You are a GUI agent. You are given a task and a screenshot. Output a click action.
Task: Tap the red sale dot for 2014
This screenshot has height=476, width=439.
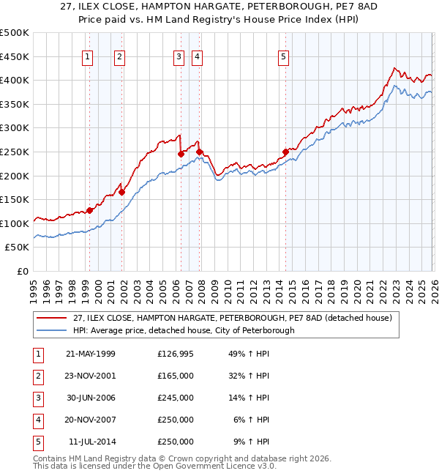tap(285, 152)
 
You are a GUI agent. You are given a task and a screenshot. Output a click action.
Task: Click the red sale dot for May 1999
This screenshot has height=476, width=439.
tap(89, 211)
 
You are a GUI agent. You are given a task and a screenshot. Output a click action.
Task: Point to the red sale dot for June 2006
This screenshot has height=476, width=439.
tap(181, 155)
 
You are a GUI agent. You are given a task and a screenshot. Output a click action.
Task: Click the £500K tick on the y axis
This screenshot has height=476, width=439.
tap(15, 33)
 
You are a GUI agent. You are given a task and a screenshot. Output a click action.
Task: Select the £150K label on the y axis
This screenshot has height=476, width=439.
tap(15, 199)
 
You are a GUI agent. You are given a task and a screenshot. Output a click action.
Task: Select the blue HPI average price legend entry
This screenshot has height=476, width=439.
tap(183, 330)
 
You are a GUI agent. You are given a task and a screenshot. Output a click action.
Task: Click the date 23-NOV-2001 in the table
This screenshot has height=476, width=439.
tap(90, 376)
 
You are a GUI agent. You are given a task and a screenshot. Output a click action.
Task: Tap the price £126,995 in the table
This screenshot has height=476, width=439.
tap(176, 354)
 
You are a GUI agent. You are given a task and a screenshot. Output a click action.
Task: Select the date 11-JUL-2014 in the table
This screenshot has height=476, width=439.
tap(91, 442)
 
